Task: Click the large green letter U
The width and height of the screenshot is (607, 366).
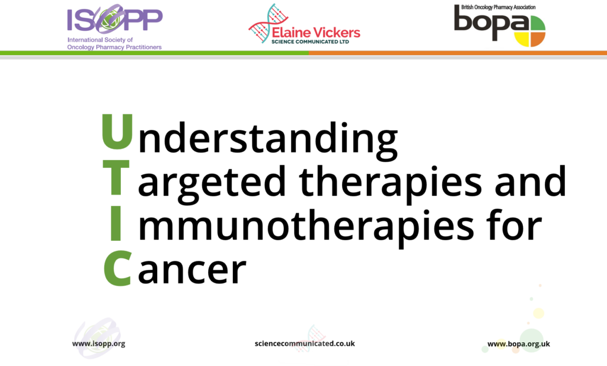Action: [x=116, y=132]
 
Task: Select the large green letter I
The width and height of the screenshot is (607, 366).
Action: [x=116, y=224]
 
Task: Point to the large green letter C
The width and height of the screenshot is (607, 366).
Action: [x=117, y=269]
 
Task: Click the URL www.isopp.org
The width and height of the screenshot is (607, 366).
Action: [x=98, y=343]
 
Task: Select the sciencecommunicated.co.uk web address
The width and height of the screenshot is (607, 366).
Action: [x=305, y=343]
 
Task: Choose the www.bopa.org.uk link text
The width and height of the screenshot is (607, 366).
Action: [x=519, y=343]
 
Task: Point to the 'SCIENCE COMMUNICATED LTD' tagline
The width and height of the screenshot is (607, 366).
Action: [x=310, y=42]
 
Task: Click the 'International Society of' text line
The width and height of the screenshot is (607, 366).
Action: [x=100, y=40]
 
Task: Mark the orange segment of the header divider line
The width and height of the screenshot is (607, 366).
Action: [x=456, y=53]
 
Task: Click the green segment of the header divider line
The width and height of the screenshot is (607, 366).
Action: [x=154, y=53]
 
